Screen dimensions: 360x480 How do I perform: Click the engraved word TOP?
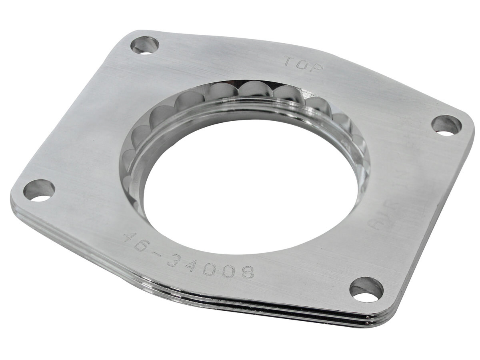coord(304,64)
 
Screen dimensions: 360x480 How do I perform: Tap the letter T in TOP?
coord(291,61)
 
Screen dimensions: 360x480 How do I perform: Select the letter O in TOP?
coord(303,64)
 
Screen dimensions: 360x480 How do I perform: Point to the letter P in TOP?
coord(316,67)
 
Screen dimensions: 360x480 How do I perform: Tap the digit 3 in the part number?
coord(175,259)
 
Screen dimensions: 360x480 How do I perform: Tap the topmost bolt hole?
coord(145,44)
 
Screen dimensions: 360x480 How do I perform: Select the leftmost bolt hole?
coord(38,190)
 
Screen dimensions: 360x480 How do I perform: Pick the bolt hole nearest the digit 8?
coord(366,290)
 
